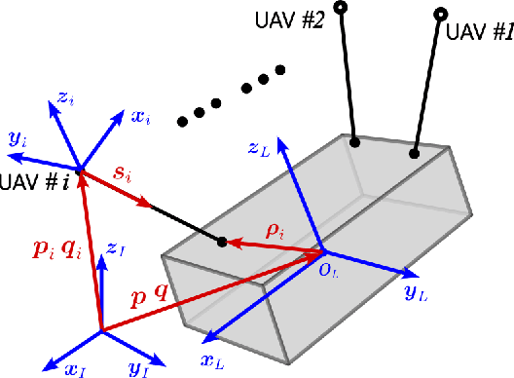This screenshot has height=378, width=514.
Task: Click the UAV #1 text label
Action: [478, 32]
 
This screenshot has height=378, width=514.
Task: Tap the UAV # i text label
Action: [32, 183]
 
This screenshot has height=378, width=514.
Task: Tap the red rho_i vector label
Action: [278, 232]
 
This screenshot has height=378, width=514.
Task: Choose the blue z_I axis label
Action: [118, 250]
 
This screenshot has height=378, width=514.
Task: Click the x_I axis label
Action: [49, 367]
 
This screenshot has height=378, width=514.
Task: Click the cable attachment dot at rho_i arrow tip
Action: [222, 242]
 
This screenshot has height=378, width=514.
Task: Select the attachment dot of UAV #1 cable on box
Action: [416, 153]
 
